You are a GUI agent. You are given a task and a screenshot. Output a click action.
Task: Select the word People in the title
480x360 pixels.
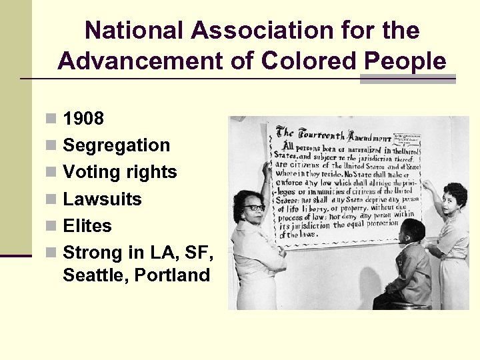tap(405, 61)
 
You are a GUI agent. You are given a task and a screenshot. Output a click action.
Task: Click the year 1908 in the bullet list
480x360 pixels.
tap(83, 119)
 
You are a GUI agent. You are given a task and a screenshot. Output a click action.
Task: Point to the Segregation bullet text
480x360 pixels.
tap(116, 145)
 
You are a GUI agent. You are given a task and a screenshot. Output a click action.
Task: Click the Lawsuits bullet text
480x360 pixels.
tap(102, 199)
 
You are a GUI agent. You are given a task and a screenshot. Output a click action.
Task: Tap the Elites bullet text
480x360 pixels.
tap(87, 225)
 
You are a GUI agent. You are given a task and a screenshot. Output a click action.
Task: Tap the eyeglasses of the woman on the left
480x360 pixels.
tap(254, 208)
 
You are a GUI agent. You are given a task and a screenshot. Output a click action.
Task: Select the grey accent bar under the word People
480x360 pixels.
tap(407, 79)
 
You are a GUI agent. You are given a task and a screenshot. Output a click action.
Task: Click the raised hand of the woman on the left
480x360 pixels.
tap(267, 169)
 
